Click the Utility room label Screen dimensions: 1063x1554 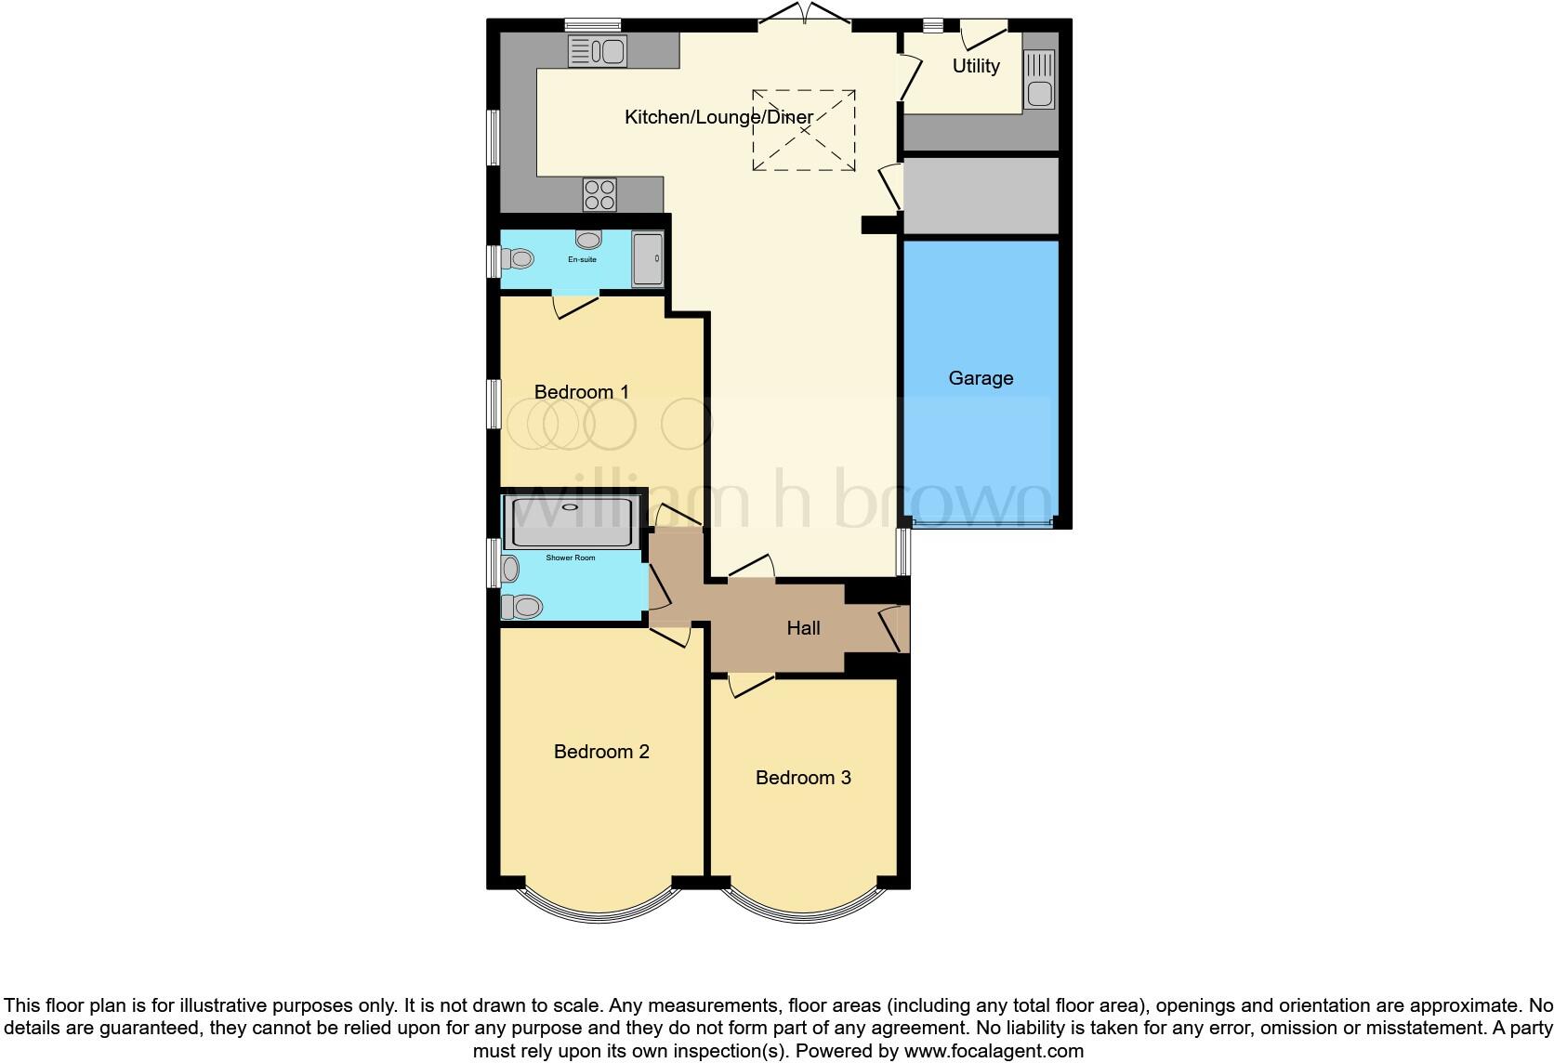tap(975, 66)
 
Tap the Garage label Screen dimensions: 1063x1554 tap(981, 378)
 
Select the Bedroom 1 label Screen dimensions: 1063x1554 tap(581, 392)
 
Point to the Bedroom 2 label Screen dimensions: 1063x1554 tap(601, 752)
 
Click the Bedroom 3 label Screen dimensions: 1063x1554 tap(803, 778)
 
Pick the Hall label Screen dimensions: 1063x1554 tap(803, 628)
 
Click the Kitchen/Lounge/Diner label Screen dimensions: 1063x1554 tap(718, 117)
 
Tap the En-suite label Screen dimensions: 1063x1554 tap(582, 259)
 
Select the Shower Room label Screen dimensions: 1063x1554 tap(570, 558)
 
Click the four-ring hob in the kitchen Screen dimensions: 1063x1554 tap(599, 194)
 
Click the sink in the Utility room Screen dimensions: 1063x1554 tap(1039, 81)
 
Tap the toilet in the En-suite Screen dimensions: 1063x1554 tap(516, 258)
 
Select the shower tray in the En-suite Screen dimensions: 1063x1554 tap(648, 258)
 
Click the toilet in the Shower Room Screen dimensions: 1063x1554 tap(520, 607)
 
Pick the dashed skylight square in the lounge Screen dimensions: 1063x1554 tap(803, 130)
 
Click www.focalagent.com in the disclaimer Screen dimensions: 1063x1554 tap(994, 1051)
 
